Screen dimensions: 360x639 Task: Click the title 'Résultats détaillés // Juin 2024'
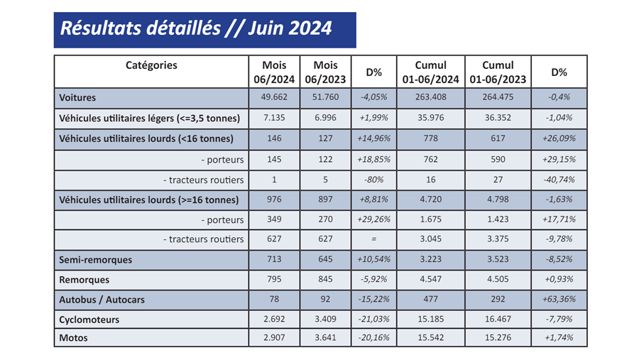pos(196,28)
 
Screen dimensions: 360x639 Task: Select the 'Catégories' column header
pos(151,65)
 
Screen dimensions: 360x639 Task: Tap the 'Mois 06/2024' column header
pos(274,72)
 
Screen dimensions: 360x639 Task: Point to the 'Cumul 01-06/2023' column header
pos(498,72)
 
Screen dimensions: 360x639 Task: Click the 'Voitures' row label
pos(78,97)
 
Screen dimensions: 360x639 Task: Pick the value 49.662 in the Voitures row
pos(274,97)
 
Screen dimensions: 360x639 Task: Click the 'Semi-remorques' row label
pos(96,260)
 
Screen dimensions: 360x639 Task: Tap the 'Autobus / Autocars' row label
pos(102,300)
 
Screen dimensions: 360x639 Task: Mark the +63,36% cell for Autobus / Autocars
pos(559,300)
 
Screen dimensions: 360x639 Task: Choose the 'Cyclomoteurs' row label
pos(89,320)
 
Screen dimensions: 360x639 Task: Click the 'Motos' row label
pos(74,338)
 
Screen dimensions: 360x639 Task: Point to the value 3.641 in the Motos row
pos(325,338)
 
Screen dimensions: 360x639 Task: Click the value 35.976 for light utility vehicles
pos(430,118)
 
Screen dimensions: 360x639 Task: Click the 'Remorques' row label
pos(84,280)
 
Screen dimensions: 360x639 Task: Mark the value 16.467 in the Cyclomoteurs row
pos(498,320)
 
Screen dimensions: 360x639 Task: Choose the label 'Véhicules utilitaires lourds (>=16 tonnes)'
pos(148,200)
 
